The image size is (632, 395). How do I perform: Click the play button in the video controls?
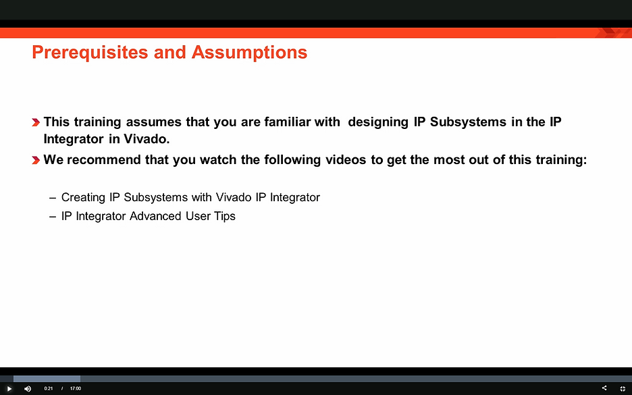(x=9, y=389)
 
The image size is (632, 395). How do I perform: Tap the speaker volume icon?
(x=28, y=389)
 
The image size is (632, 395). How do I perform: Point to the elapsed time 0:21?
(x=49, y=389)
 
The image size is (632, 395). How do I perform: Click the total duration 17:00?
(x=75, y=389)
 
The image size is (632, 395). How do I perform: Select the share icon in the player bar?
(x=604, y=388)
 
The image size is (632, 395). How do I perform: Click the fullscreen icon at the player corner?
(x=623, y=389)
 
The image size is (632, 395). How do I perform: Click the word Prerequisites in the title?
(x=90, y=52)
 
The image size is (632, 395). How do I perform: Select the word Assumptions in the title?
(x=249, y=52)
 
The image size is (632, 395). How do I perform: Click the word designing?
(x=379, y=122)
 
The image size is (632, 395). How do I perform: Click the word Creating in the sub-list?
(x=83, y=197)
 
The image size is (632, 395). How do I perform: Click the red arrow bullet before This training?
(x=35, y=123)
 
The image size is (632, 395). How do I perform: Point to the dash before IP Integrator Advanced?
(x=53, y=217)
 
